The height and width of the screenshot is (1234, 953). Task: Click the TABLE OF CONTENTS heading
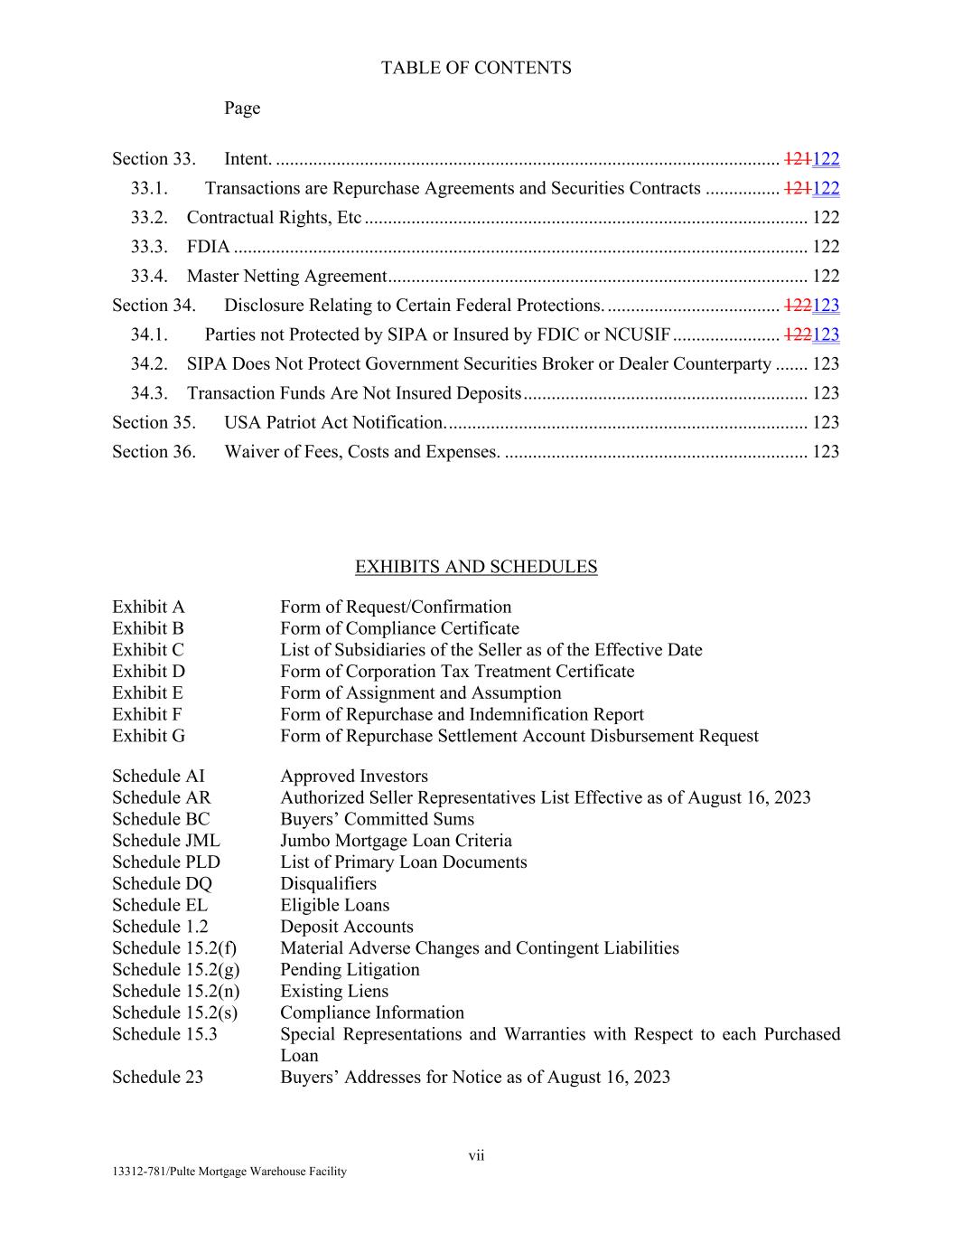[x=476, y=68]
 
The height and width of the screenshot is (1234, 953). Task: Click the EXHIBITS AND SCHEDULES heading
[x=476, y=567]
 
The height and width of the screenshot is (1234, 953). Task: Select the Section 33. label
[x=154, y=159]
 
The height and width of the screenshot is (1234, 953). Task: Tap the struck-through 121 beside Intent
[x=798, y=159]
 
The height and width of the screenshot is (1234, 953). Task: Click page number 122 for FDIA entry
[x=826, y=247]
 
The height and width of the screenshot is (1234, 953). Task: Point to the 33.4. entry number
[x=149, y=276]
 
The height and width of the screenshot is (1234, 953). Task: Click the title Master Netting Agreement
[x=286, y=276]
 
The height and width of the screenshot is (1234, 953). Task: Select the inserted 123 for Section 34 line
[x=827, y=306]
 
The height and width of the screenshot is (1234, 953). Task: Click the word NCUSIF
[x=637, y=334]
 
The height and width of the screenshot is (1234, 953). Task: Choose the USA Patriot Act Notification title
[x=334, y=422]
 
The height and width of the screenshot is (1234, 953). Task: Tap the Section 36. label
[x=154, y=451]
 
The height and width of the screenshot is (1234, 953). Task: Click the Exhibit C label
[x=148, y=650]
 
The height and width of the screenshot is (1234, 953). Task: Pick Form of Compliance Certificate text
[x=399, y=628]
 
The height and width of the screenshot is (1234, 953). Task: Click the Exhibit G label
[x=148, y=736]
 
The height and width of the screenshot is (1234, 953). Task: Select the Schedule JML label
[x=165, y=841]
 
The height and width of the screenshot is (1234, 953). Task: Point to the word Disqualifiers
[x=328, y=883]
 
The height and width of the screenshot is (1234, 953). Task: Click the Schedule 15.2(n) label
[x=175, y=991]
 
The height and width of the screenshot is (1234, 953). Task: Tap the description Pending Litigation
[x=350, y=969]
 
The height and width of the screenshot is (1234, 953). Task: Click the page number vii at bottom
[x=476, y=1155]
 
